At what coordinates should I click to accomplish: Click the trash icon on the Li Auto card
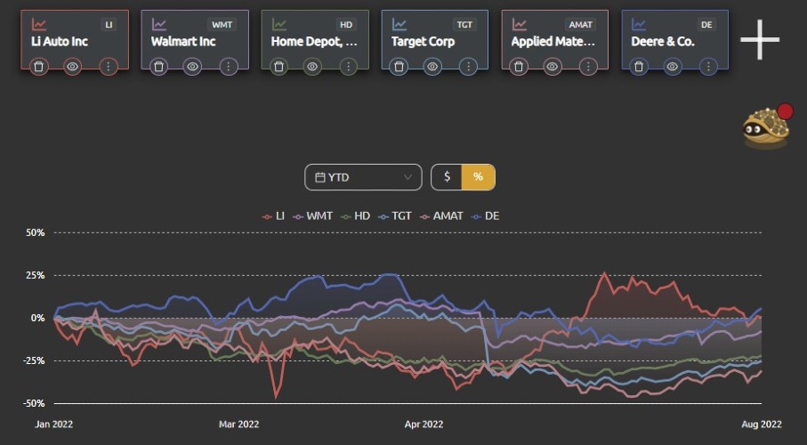click(x=38, y=67)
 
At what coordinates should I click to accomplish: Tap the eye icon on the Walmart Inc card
click(x=192, y=67)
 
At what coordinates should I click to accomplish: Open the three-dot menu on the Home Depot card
click(x=349, y=67)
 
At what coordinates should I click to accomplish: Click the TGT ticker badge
click(x=464, y=24)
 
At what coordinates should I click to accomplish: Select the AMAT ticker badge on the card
click(x=580, y=24)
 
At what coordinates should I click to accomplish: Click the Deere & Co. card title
click(x=663, y=42)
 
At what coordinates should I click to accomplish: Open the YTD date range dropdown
click(x=363, y=177)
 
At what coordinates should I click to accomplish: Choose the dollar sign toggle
click(x=447, y=177)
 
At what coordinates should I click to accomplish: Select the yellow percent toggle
click(x=478, y=177)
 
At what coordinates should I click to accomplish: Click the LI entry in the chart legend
click(x=273, y=216)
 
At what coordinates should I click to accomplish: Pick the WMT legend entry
click(x=313, y=216)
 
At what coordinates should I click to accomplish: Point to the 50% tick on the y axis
click(x=35, y=233)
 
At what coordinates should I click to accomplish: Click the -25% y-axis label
click(x=34, y=360)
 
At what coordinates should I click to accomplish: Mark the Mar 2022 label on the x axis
click(x=238, y=425)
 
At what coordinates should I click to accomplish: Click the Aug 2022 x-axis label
click(x=762, y=425)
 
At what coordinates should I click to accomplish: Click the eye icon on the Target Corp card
click(x=432, y=67)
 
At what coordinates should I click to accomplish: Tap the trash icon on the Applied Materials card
click(x=519, y=67)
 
